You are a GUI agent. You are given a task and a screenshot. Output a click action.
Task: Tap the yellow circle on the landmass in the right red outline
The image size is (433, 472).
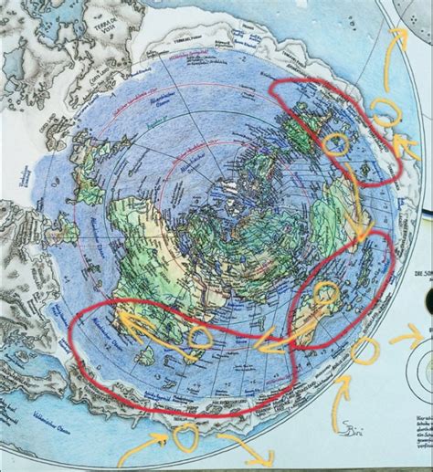[325, 293]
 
